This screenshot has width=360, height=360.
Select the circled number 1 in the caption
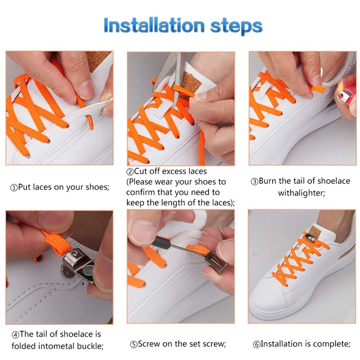pos(13,188)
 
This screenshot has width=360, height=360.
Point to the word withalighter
pos(301,193)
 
